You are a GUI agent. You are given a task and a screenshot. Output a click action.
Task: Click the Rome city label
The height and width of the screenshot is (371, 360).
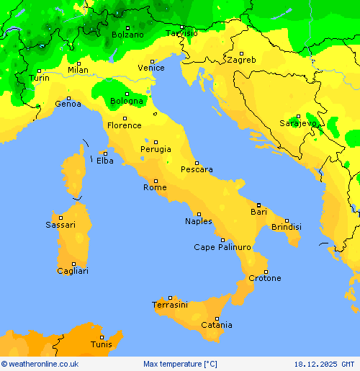click(x=155, y=187)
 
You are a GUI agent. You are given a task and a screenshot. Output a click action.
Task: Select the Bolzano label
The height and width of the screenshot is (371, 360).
click(x=127, y=35)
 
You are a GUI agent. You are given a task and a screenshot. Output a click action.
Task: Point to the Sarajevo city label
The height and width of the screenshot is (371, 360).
click(x=298, y=123)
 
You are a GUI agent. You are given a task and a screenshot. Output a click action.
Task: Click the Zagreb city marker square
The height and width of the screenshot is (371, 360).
click(x=241, y=52)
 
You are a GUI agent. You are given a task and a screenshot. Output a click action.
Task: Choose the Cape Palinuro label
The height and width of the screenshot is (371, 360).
click(x=222, y=247)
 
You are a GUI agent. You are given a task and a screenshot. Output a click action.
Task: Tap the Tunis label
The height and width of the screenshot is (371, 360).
click(x=101, y=344)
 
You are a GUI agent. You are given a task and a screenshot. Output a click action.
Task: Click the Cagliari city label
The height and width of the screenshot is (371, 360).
click(x=73, y=271)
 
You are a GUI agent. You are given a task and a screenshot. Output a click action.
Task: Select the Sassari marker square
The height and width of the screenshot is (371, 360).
click(x=61, y=217)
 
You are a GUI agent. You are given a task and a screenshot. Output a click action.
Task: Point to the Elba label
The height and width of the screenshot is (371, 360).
click(x=104, y=161)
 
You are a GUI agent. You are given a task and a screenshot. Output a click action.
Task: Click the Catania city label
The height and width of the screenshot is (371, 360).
click(x=216, y=325)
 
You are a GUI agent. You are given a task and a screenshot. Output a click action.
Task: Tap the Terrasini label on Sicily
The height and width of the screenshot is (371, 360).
click(x=170, y=305)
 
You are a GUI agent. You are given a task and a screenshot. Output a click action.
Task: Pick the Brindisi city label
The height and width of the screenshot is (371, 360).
click(x=287, y=227)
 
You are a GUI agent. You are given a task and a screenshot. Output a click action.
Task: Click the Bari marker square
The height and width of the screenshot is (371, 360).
click(x=258, y=205)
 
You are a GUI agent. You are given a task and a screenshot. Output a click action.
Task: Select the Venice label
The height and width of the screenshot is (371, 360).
click(x=151, y=68)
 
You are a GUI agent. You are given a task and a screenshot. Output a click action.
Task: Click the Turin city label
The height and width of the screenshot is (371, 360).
click(x=39, y=78)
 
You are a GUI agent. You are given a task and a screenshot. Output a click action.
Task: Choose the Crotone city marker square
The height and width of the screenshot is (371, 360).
click(x=265, y=271)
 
